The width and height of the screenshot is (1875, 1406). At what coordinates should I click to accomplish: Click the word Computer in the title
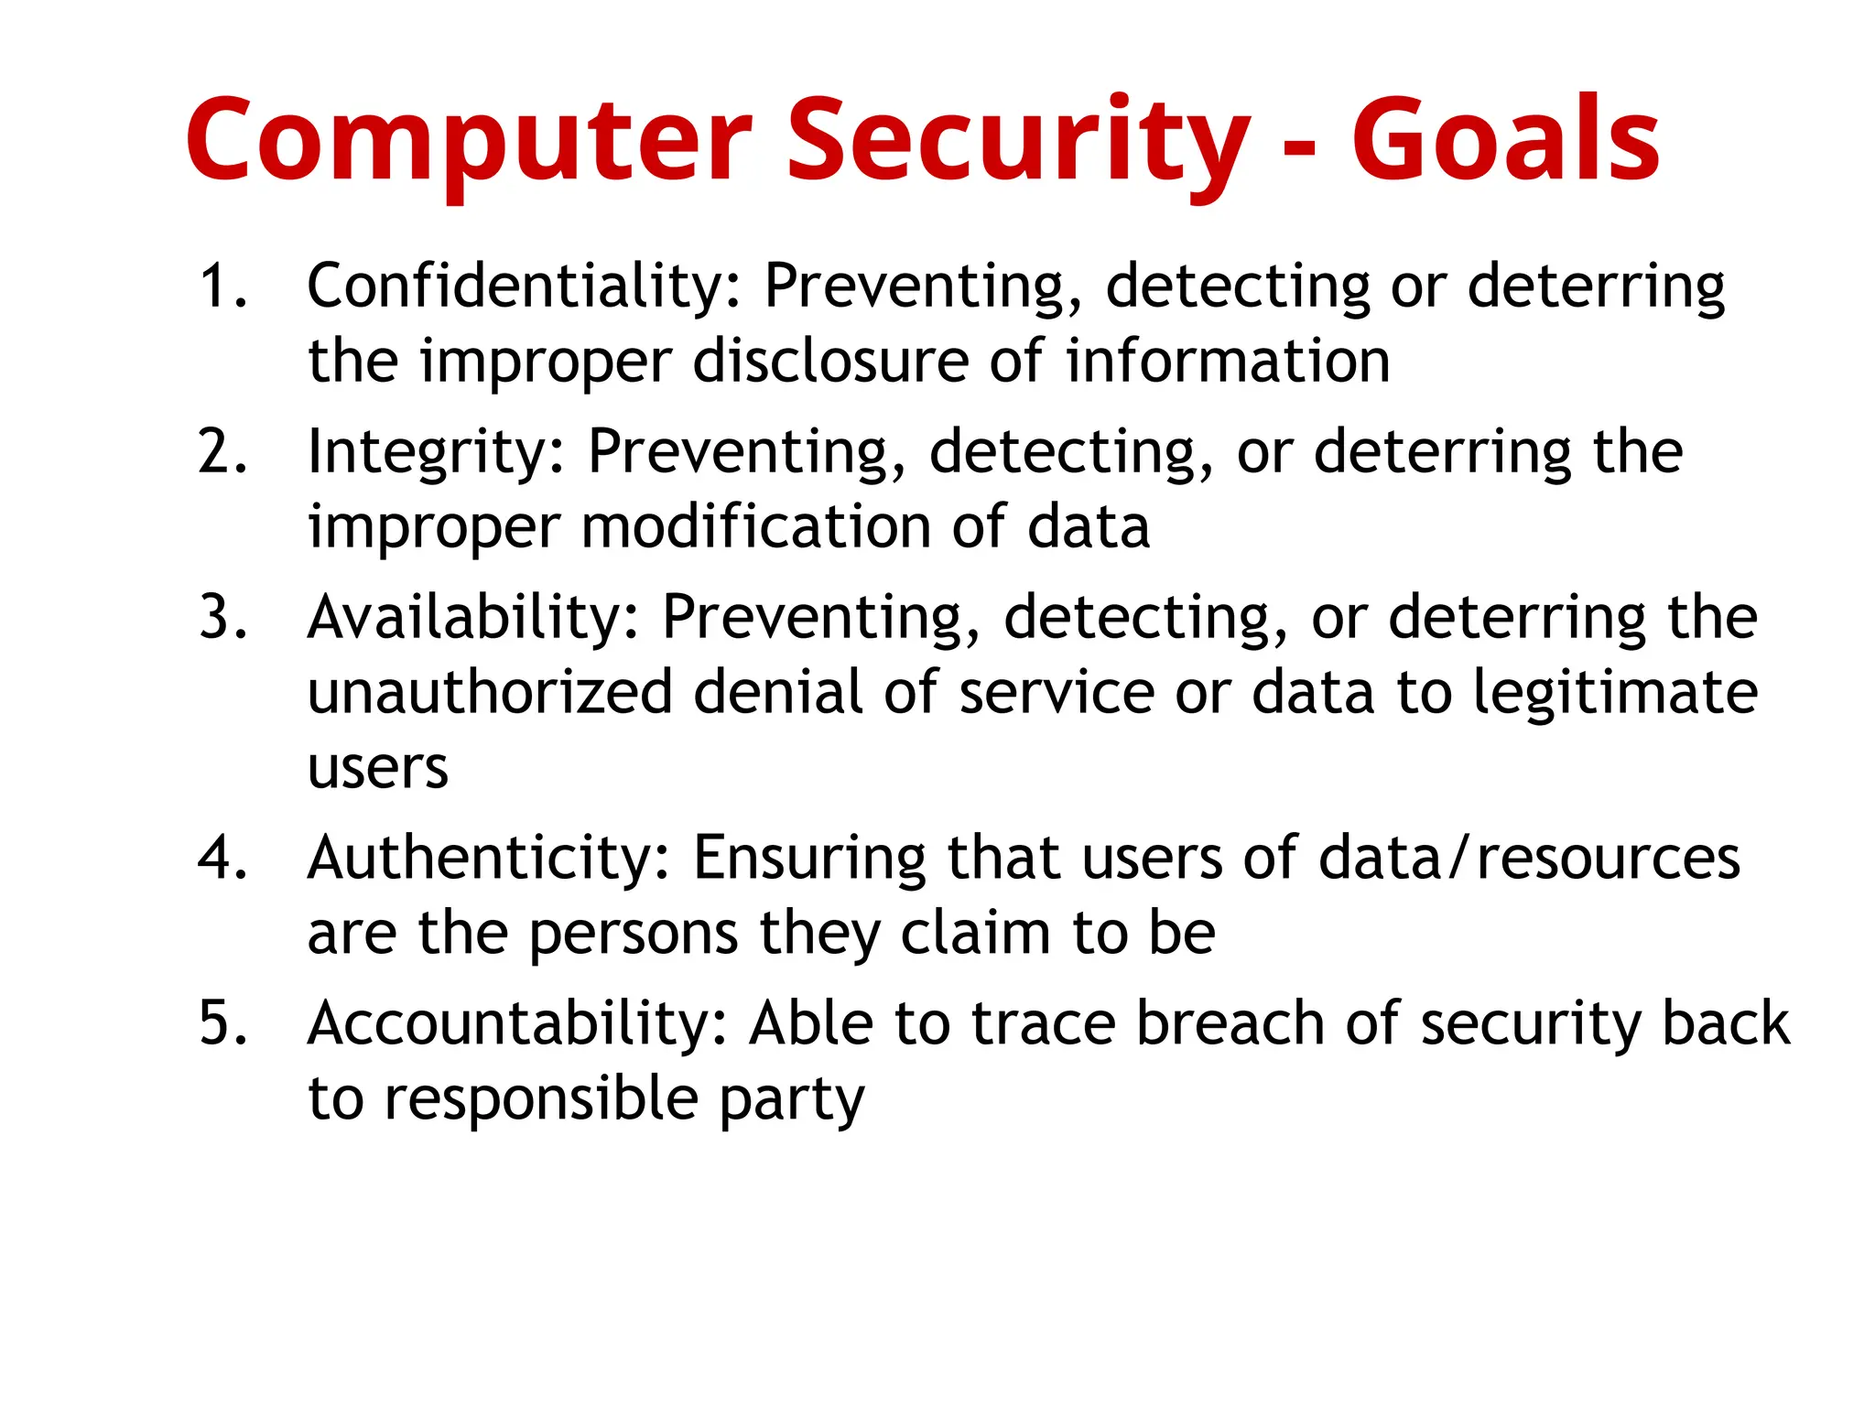coord(469,142)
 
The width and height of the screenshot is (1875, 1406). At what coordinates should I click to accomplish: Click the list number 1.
coord(222,286)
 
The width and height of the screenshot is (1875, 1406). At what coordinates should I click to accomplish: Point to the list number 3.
coord(222,617)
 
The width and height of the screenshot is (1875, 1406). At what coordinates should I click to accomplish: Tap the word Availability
coord(473,617)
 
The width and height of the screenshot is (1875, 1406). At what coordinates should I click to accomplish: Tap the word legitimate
coord(1615,694)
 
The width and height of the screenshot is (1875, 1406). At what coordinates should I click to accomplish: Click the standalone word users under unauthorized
coord(378,769)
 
